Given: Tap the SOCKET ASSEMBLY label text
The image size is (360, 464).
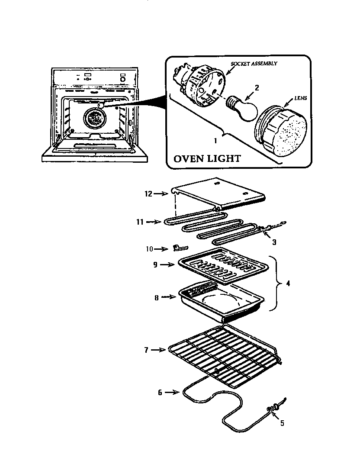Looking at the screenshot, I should [x=254, y=64].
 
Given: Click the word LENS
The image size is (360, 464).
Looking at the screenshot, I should [x=300, y=98].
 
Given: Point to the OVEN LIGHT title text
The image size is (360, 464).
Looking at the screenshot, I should [x=207, y=159].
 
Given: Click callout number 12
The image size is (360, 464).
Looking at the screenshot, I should [x=148, y=194].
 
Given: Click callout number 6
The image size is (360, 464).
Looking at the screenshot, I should [x=160, y=392].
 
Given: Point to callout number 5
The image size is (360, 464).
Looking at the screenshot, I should [x=282, y=423].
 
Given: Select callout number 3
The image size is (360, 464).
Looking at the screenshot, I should [x=274, y=242].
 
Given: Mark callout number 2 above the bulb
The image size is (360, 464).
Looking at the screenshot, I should [x=257, y=88].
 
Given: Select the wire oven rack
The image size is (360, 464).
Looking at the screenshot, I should [x=223, y=355].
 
